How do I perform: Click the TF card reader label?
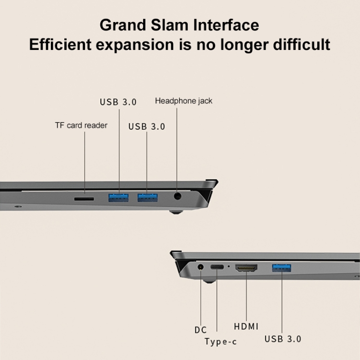[x=81, y=126]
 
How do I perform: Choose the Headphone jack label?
[x=183, y=101]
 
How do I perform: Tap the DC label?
[x=201, y=330]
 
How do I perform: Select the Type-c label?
[x=220, y=342]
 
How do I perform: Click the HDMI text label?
[x=246, y=326]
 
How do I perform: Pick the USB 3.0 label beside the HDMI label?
[x=283, y=339]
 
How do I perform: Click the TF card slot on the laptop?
[x=84, y=197]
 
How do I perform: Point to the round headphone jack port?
[x=178, y=196]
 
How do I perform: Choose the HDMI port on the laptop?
[x=246, y=268]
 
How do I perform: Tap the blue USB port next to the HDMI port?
[x=282, y=267]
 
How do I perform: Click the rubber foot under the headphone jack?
[x=176, y=209]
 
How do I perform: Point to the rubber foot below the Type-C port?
[x=208, y=280]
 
